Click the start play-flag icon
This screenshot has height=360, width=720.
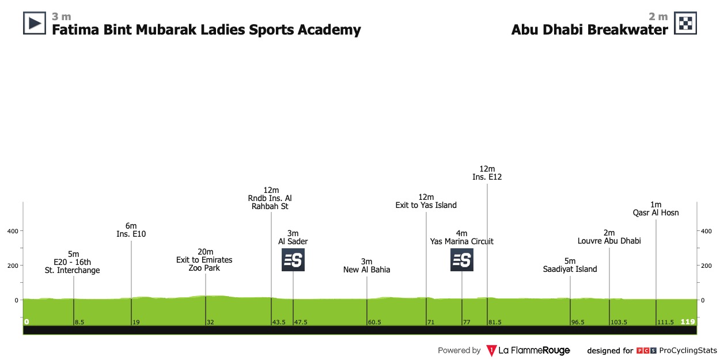point(34,23)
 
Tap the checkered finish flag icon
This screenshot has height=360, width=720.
point(686,23)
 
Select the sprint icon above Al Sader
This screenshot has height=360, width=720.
point(293,260)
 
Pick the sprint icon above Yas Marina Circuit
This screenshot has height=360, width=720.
point(462,260)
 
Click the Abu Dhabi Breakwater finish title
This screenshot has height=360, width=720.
point(589,30)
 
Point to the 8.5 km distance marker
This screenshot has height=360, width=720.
point(79,322)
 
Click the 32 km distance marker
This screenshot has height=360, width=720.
point(210,322)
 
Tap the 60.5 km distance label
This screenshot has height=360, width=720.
point(374,322)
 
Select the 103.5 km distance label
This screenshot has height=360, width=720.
point(619,322)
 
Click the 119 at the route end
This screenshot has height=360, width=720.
point(688,321)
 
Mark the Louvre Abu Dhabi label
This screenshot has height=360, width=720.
point(609,241)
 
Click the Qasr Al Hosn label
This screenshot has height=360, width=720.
point(655,213)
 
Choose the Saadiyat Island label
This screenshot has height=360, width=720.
point(570,269)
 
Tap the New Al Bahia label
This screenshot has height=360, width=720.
point(367,269)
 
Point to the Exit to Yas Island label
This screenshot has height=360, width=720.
point(426,205)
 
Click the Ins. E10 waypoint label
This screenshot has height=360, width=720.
point(131,234)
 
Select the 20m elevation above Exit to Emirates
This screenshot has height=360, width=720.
point(205,252)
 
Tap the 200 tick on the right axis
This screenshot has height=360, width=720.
point(706,266)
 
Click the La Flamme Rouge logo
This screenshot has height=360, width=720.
point(528,350)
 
